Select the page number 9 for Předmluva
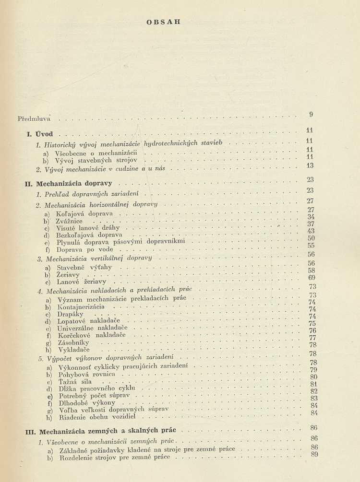pos(311,114)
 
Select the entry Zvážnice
pos(70,221)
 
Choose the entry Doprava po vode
pos(84,250)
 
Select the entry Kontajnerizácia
pos(81,306)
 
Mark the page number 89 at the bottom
pos(314,454)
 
